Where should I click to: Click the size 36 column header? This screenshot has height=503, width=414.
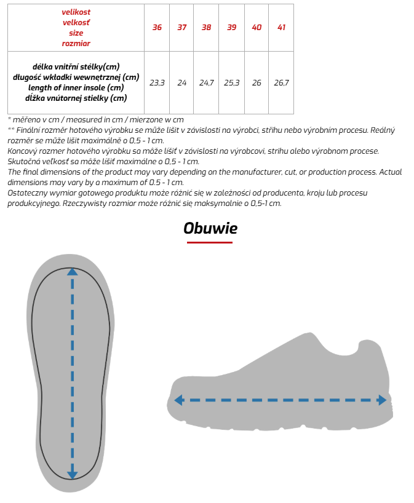(x=157, y=28)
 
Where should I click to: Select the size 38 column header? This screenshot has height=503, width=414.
(x=206, y=28)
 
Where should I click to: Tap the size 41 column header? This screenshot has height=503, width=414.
(x=281, y=28)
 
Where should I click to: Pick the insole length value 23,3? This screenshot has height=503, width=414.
(x=157, y=82)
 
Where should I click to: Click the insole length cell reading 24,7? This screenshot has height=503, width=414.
(x=206, y=82)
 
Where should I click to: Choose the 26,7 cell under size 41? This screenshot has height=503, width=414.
(x=281, y=82)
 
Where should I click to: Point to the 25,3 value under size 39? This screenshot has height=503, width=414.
(x=231, y=82)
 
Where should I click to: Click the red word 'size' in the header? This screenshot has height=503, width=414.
(x=76, y=33)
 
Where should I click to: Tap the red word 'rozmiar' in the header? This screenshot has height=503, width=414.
(x=76, y=43)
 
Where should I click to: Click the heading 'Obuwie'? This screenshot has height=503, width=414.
(x=210, y=228)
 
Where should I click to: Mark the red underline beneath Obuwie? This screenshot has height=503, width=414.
(x=210, y=242)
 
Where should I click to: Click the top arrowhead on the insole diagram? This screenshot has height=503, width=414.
(x=73, y=272)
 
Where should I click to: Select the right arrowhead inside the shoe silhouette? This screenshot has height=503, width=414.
(x=383, y=400)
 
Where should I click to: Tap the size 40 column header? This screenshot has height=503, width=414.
(x=257, y=28)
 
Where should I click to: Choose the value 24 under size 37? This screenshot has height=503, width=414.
(x=181, y=82)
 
